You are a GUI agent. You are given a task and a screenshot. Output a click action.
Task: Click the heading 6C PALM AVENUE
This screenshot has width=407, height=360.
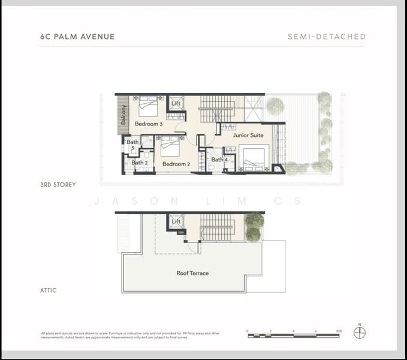click(77, 37)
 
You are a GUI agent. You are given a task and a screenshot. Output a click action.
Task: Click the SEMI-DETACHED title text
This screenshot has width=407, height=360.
click(327, 37)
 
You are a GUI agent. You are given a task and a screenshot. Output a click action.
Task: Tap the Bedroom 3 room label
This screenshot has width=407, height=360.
click(148, 124)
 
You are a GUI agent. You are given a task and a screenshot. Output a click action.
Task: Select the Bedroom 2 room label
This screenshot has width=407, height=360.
click(176, 164)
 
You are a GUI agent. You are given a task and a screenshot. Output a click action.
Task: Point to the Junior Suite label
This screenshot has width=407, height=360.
click(248, 136)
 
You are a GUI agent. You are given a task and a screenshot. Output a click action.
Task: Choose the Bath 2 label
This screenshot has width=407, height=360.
click(139, 163)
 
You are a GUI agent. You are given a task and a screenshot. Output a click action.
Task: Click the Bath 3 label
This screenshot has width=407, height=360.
click(132, 145)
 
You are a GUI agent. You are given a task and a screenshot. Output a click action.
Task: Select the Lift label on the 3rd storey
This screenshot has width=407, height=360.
click(176, 103)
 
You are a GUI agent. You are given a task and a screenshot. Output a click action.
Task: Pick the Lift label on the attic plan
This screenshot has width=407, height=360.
click(176, 221)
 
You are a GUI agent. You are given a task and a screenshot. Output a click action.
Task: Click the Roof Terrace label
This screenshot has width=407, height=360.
click(192, 273)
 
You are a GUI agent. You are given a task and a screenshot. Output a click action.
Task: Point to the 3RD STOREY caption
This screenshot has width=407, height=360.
click(58, 185)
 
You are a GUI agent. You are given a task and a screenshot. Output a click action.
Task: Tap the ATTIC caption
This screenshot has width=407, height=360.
click(49, 290)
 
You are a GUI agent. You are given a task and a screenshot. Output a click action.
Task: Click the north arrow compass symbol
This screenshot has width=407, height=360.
click(360, 332)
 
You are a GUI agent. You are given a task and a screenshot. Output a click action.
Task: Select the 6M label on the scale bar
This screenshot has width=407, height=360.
click(339, 331)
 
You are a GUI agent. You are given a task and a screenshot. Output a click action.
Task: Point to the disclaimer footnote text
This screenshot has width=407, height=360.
click(130, 335)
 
